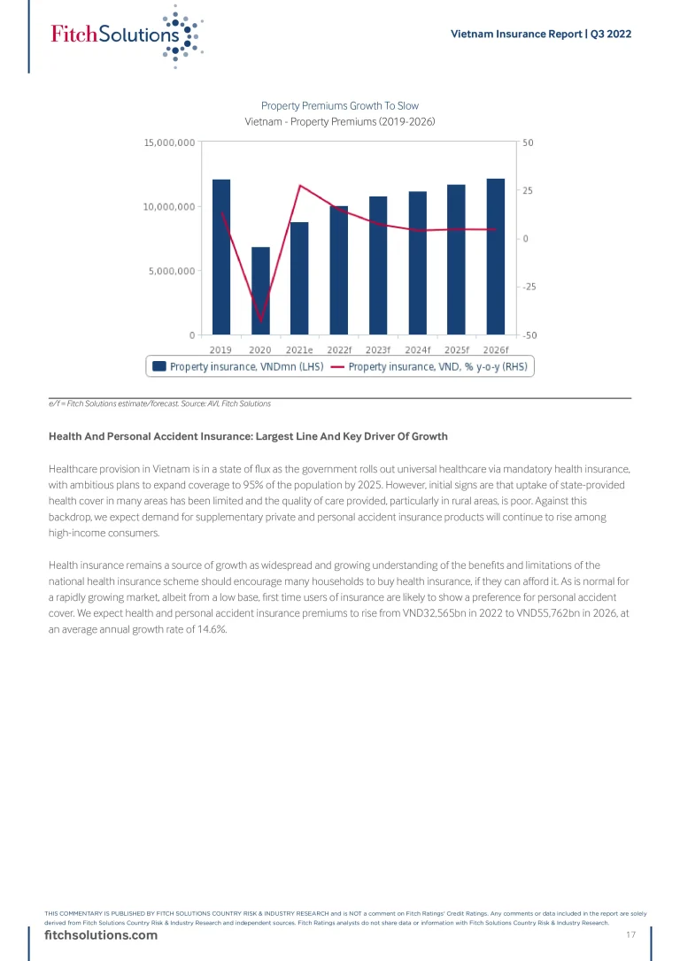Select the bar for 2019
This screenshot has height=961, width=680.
(x=221, y=257)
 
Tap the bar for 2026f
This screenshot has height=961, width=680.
(x=496, y=257)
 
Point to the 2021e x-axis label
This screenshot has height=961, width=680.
(x=299, y=349)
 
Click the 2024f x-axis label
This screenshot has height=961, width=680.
(x=418, y=349)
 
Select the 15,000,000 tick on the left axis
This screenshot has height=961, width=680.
(x=170, y=142)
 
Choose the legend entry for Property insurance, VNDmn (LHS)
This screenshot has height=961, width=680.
(x=238, y=366)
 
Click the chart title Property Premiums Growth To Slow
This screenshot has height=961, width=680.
(x=340, y=106)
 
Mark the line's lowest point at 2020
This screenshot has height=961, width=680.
(x=260, y=319)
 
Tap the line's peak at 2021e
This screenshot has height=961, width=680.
(x=299, y=185)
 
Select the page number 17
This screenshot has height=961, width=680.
(x=631, y=936)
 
